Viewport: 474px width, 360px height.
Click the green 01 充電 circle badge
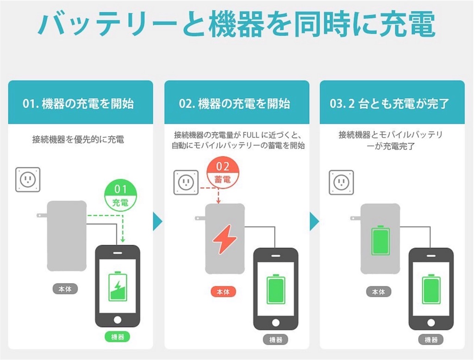tap(120, 195)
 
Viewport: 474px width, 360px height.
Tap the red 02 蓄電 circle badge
tap(223, 173)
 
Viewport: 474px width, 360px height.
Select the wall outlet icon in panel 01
tap(28, 180)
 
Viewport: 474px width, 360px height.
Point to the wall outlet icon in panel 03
tap(341, 183)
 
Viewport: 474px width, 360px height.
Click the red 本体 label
tap(223, 291)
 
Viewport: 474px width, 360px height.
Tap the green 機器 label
tap(118, 337)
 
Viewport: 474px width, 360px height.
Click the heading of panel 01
tap(78, 103)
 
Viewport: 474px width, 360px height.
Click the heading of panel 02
tap(234, 103)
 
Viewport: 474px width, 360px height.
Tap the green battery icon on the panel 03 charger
tap(380, 240)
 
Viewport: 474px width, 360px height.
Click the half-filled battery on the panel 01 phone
tap(118, 286)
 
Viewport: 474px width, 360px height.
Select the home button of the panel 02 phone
tap(275, 322)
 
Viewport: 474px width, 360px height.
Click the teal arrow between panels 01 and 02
tap(157, 221)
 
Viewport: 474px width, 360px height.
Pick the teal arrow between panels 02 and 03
tap(314, 221)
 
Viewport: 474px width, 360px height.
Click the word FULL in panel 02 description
tap(251, 135)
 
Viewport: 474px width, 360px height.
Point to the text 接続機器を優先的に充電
tap(78, 139)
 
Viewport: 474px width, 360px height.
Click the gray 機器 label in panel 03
tap(431, 340)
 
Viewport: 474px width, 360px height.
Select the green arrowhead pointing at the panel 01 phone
tap(123, 240)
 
